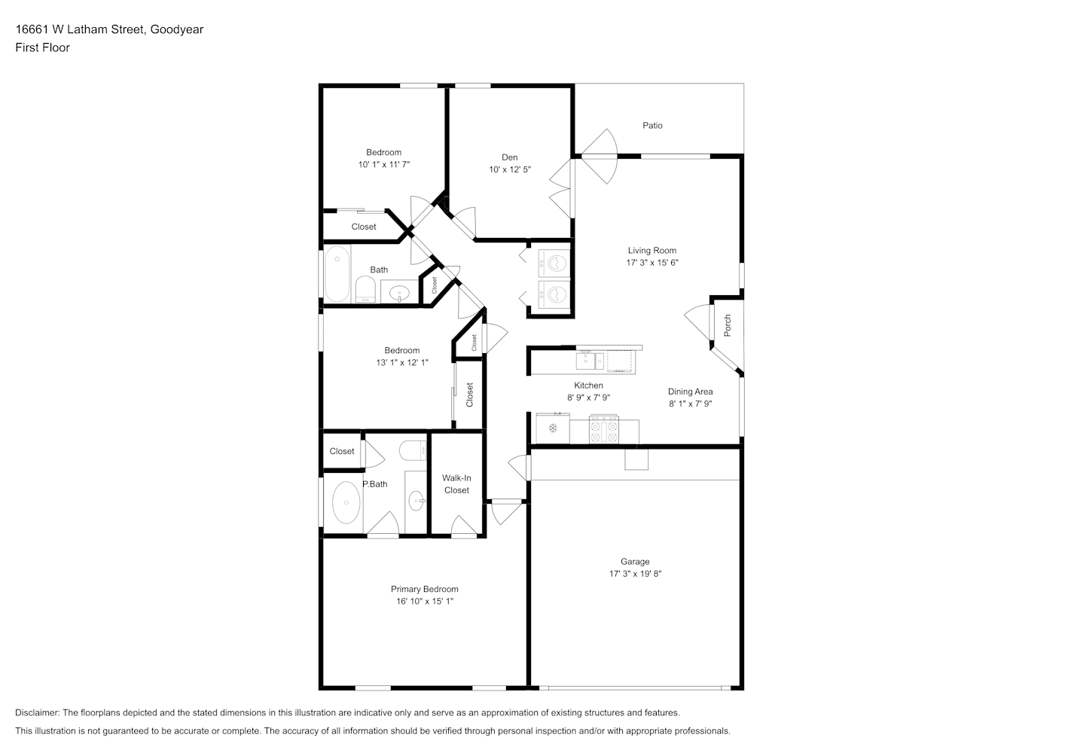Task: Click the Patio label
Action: pyautogui.click(x=652, y=126)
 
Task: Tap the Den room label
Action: pyautogui.click(x=510, y=157)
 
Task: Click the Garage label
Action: pyautogui.click(x=635, y=562)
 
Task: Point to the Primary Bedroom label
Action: pyautogui.click(x=425, y=589)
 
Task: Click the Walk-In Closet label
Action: pyautogui.click(x=456, y=484)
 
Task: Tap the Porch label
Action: pyautogui.click(x=728, y=325)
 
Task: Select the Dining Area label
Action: pyautogui.click(x=691, y=392)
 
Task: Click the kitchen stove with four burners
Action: pyautogui.click(x=604, y=429)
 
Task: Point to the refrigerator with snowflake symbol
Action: pyautogui.click(x=553, y=428)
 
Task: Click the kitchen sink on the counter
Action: pyautogui.click(x=590, y=361)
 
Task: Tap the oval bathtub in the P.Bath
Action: pyautogui.click(x=346, y=502)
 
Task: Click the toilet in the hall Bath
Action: pyautogui.click(x=365, y=289)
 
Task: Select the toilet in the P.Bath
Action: pyautogui.click(x=413, y=450)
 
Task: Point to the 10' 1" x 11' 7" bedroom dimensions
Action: pyautogui.click(x=384, y=164)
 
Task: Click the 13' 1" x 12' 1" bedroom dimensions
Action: pyautogui.click(x=402, y=363)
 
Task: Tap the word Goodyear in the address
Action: pyautogui.click(x=177, y=29)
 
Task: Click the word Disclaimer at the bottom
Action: pyautogui.click(x=37, y=712)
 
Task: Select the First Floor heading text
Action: pyautogui.click(x=42, y=47)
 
